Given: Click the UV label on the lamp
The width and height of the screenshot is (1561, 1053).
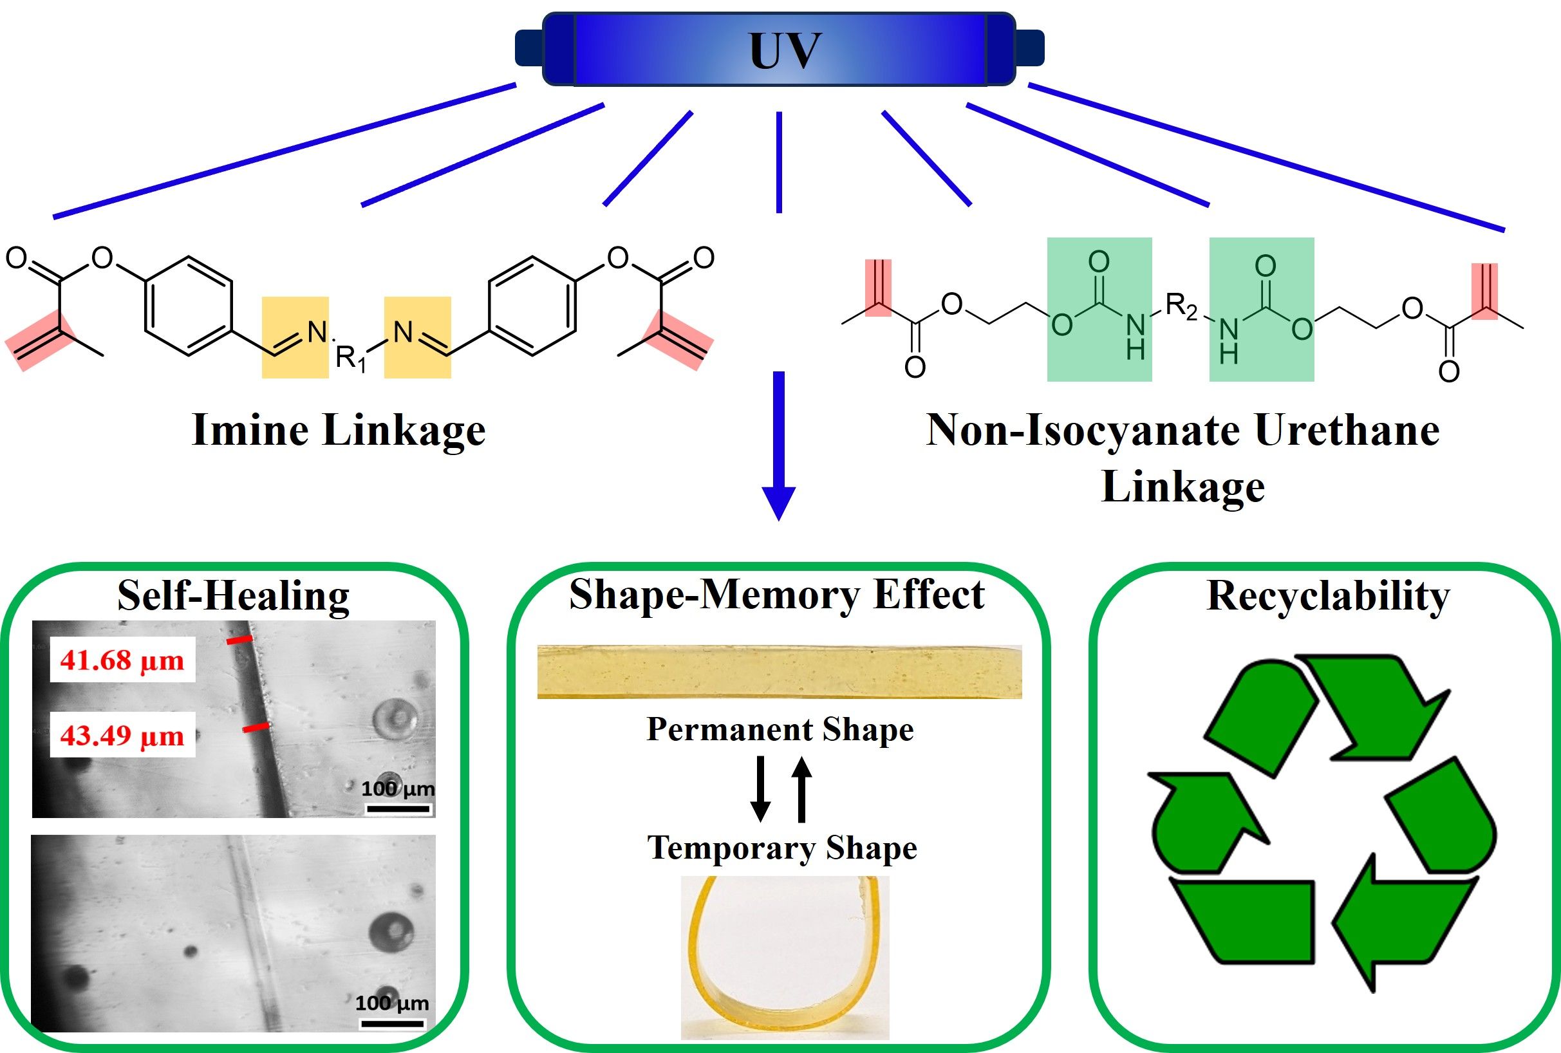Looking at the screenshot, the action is [x=785, y=50].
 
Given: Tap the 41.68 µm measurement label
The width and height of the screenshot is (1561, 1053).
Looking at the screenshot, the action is [x=122, y=660].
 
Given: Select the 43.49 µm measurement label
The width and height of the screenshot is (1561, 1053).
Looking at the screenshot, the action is [x=122, y=735].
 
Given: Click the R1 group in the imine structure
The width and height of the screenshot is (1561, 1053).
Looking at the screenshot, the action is [x=351, y=359].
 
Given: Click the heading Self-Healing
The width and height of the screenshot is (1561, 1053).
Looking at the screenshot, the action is [x=233, y=595].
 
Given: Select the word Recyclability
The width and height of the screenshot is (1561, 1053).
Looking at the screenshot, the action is [x=1328, y=595].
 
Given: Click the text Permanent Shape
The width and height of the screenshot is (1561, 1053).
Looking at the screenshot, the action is [x=780, y=729].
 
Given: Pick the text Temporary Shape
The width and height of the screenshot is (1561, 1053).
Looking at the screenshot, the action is [x=782, y=848].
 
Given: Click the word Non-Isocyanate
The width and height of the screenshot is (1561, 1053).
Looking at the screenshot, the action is [x=1083, y=431].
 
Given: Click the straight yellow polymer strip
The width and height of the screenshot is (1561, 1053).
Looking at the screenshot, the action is [x=779, y=672].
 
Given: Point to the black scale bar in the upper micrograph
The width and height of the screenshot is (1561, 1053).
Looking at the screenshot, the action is [x=398, y=808].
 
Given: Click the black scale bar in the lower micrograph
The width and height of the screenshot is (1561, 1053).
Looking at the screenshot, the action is [x=391, y=1024].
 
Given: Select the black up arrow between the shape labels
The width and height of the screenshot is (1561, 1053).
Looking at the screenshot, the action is [x=801, y=789].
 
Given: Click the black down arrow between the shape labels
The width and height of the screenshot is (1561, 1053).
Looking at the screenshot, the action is [x=760, y=789].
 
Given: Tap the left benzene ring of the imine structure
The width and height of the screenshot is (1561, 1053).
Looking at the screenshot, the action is [x=189, y=305].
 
